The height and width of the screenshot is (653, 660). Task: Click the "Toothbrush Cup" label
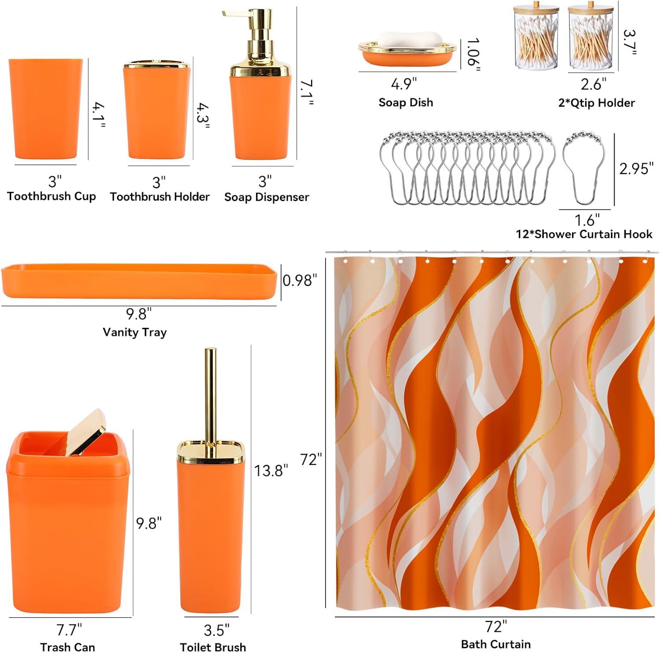tap(51, 196)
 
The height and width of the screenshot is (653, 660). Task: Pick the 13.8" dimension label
tap(271, 470)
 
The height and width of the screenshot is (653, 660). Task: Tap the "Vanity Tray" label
tap(135, 332)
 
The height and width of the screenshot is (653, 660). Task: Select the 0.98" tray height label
tap(300, 280)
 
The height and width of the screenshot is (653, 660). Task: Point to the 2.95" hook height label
tap(634, 169)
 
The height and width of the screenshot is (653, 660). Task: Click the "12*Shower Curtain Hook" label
tap(584, 234)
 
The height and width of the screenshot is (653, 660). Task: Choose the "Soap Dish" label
tap(406, 103)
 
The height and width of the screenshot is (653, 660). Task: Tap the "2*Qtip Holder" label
tap(596, 103)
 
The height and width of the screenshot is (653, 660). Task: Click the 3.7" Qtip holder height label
tap(631, 43)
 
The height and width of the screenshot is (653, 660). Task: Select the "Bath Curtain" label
tap(496, 644)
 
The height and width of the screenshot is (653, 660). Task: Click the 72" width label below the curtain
tap(496, 626)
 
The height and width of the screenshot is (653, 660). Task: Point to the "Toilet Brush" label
tap(213, 647)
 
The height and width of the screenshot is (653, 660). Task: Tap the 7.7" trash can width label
tap(67, 630)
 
